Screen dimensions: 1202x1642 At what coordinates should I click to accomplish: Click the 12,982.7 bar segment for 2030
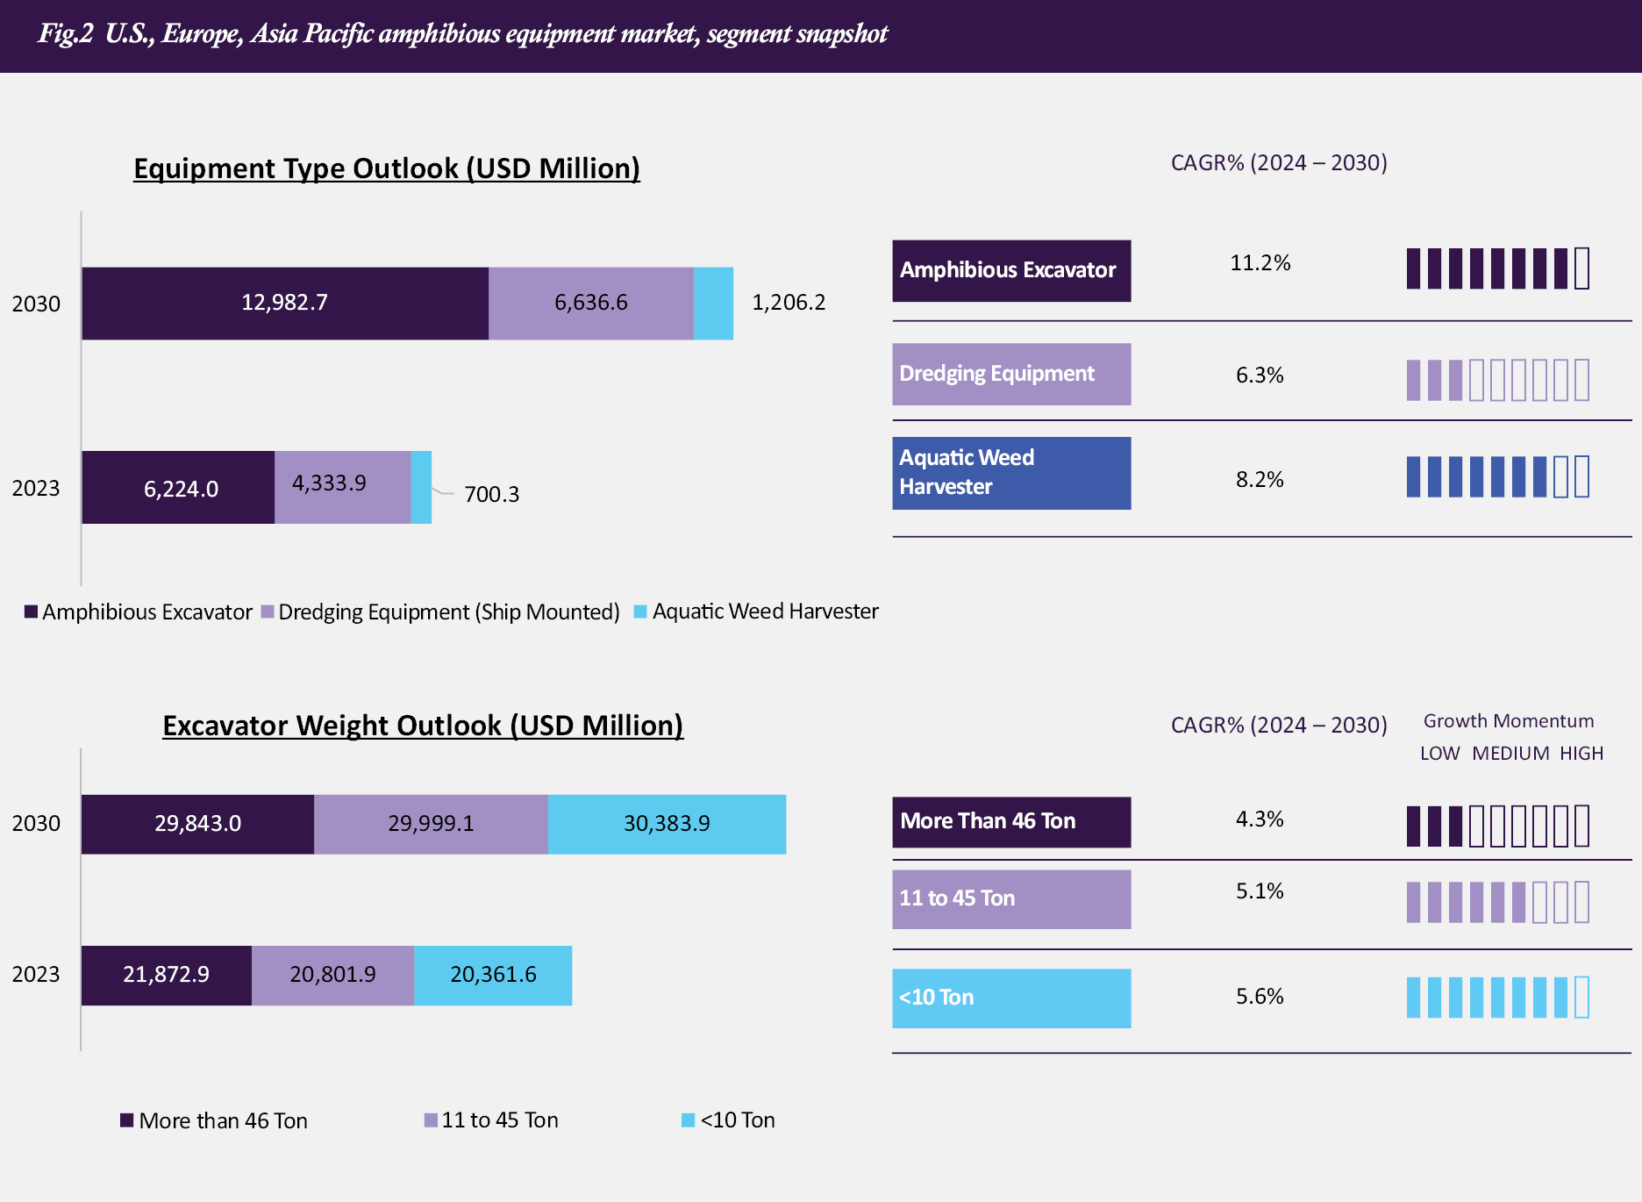[285, 303]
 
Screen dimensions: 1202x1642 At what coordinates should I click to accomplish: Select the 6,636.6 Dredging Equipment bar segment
[591, 303]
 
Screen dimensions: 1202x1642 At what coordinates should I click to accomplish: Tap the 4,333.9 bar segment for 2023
[342, 487]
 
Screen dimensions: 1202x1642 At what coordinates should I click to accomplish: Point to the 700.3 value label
[491, 494]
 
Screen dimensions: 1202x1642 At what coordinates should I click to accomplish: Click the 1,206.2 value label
[789, 303]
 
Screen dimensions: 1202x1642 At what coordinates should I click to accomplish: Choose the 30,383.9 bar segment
[667, 824]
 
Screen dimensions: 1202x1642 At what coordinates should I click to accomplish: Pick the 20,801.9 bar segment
[332, 975]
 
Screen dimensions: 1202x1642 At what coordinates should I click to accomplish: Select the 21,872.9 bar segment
[167, 975]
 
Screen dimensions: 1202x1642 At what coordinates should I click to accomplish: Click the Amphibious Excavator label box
[1011, 270]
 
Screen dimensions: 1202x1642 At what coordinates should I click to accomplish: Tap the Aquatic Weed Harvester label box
[1011, 473]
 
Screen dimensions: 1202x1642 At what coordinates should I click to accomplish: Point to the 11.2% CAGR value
[1260, 263]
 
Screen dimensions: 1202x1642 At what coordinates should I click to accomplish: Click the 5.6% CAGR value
[1260, 997]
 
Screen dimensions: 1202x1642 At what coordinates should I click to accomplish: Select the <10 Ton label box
[1011, 998]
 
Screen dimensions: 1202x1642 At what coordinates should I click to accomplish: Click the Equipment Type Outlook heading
[387, 168]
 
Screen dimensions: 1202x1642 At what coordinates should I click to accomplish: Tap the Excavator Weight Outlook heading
[423, 726]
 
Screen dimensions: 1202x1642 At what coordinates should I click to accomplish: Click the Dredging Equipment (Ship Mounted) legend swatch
[268, 612]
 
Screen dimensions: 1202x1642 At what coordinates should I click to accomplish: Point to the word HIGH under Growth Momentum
[1581, 754]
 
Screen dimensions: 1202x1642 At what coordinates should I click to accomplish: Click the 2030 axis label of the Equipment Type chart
[36, 304]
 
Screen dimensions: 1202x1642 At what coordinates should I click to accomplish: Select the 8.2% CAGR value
[1260, 480]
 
